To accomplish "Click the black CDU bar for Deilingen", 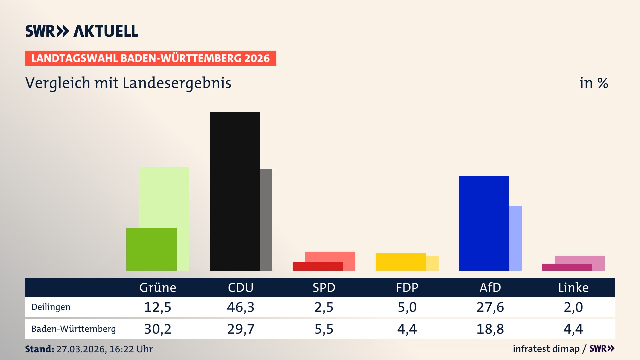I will pos(234,191).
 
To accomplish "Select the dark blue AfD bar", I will pos(484,223).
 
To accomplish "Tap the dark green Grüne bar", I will pos(151,249).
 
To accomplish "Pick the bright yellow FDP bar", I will pos(401,262).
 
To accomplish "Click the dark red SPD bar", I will pos(317,266).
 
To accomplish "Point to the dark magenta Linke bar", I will pos(567,267).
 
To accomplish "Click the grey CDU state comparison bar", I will pos(266,219).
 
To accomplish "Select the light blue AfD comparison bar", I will pos(515,238).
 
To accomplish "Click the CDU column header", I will pos(241,288).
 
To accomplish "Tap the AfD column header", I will pos(490,288).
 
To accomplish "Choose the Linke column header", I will pos(573,288).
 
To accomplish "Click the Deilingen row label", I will pos(51,307).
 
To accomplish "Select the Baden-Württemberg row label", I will pos(73,329).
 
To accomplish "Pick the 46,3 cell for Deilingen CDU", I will pos(241,307).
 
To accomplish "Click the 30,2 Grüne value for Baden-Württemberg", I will pos(158,329).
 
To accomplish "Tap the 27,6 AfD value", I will pos(490,307).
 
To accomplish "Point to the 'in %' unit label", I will pos(594,83).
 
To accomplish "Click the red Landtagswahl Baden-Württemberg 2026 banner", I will pos(150,58).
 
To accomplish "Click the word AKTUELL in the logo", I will pos(106,31).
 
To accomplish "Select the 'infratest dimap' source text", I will pos(546,349).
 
